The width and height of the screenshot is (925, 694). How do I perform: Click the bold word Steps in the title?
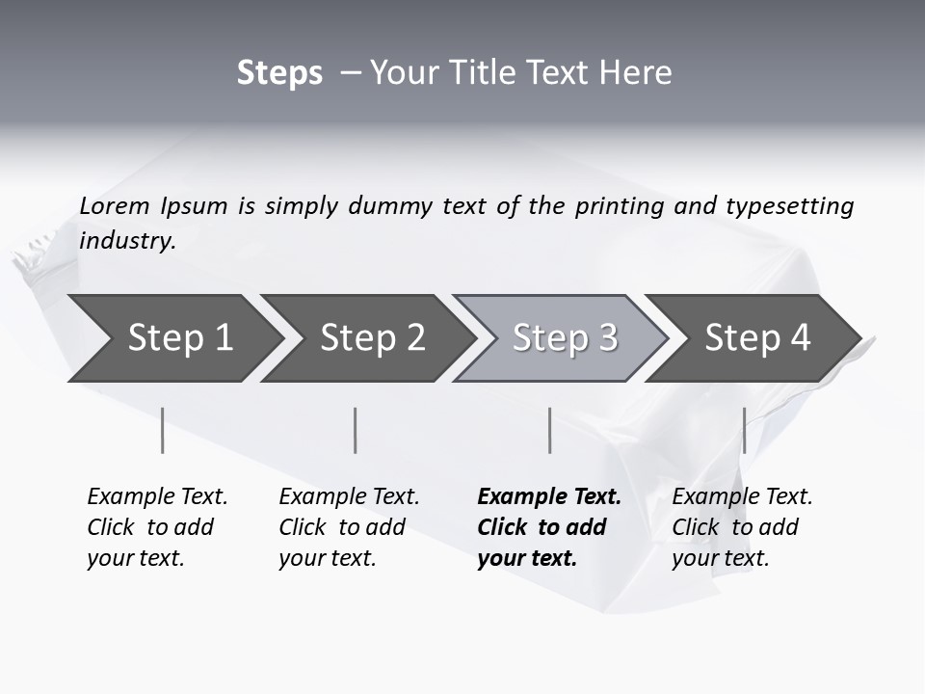[279, 73]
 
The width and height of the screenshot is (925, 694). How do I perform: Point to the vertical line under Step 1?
[163, 430]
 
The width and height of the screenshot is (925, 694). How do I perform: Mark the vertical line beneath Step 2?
[356, 430]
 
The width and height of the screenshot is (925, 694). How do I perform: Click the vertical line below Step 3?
[549, 430]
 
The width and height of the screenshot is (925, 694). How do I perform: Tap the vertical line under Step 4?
[744, 430]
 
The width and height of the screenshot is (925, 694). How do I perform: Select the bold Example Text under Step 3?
[549, 497]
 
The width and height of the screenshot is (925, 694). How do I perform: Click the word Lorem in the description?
[115, 206]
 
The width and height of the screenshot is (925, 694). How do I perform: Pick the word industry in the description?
[127, 241]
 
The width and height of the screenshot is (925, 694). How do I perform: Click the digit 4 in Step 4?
[800, 338]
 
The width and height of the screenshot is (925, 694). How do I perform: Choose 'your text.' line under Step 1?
[135, 558]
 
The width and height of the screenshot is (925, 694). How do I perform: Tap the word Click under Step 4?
[695, 527]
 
